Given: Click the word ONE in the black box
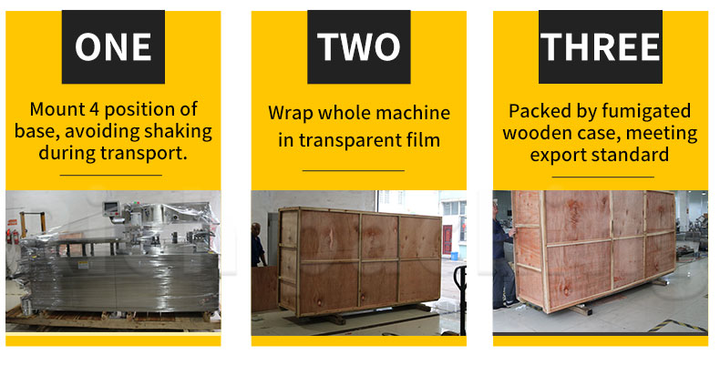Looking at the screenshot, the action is [x=113, y=46].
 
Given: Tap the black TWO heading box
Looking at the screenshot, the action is [x=358, y=46].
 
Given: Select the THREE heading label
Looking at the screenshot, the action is [x=601, y=46].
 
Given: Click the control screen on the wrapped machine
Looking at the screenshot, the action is [x=111, y=208].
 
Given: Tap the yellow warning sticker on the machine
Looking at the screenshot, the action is [x=83, y=265].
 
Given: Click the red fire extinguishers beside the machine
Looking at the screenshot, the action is [x=13, y=236].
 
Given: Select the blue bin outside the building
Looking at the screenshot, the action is [x=455, y=255].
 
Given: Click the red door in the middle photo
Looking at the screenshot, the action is [x=447, y=239].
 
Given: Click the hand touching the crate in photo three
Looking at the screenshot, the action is [x=512, y=232].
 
